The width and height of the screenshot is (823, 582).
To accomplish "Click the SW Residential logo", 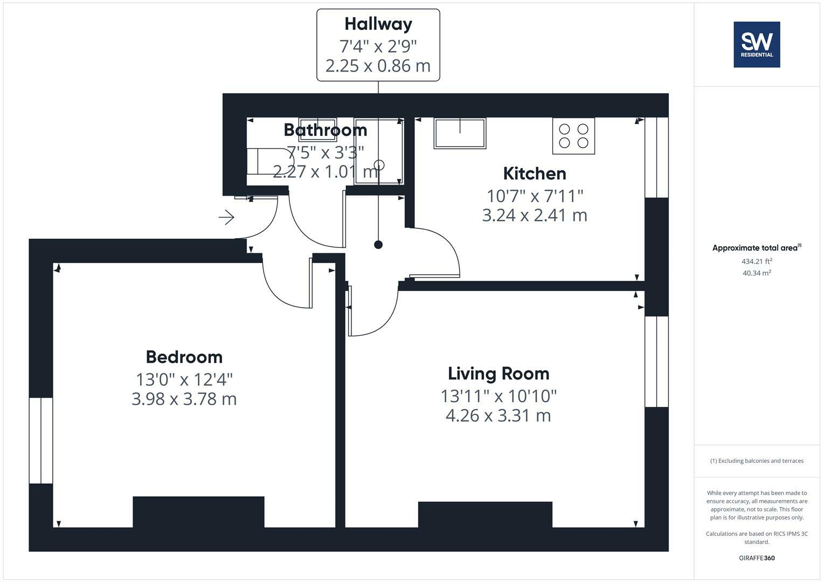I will [757, 45].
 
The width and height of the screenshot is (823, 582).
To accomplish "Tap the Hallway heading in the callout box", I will [378, 24].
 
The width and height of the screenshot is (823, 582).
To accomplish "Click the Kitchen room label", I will [535, 174].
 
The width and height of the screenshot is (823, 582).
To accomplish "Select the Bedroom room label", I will [184, 357].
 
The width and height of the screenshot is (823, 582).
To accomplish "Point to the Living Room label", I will [499, 373].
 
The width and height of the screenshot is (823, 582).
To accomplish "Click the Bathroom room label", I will [326, 130].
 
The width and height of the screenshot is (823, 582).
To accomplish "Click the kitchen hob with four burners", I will [573, 136].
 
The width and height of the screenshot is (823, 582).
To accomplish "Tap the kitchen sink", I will [460, 133].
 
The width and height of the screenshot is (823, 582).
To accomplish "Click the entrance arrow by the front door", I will [226, 217].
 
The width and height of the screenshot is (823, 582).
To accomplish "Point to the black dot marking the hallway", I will [378, 245].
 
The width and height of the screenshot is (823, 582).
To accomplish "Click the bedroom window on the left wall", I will [41, 440].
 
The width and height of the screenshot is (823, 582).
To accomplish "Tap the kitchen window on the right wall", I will [656, 157].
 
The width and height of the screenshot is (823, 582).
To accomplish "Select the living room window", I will [656, 362].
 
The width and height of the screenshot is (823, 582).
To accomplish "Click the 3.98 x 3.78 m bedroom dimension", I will [184, 399].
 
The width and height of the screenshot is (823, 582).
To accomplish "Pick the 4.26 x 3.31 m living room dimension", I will [499, 416].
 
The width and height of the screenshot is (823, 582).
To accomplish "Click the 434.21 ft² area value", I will [757, 261].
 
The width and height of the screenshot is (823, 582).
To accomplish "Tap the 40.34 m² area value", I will [757, 273].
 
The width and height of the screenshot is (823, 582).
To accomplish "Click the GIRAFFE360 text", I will [757, 558].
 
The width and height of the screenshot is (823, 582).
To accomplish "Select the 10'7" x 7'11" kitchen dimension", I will [535, 195].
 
